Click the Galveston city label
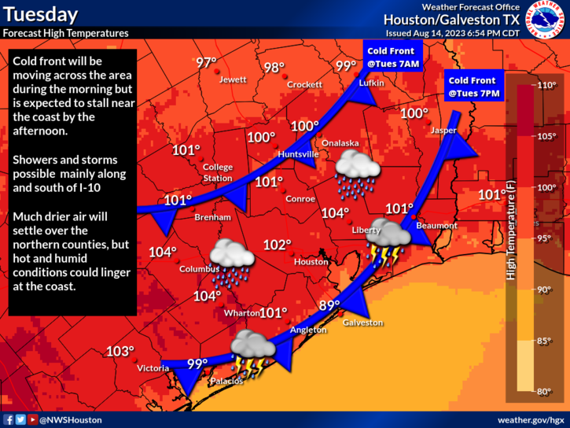(x=362, y=323)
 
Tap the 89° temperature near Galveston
(x=329, y=305)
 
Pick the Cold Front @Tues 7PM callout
(x=472, y=87)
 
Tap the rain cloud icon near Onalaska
(x=357, y=172)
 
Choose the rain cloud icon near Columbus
(x=231, y=259)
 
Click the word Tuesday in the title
(x=40, y=14)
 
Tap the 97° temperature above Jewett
(x=207, y=62)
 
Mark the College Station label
(x=218, y=172)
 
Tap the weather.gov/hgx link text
(x=531, y=420)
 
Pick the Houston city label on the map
(x=311, y=261)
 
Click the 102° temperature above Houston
(x=277, y=245)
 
